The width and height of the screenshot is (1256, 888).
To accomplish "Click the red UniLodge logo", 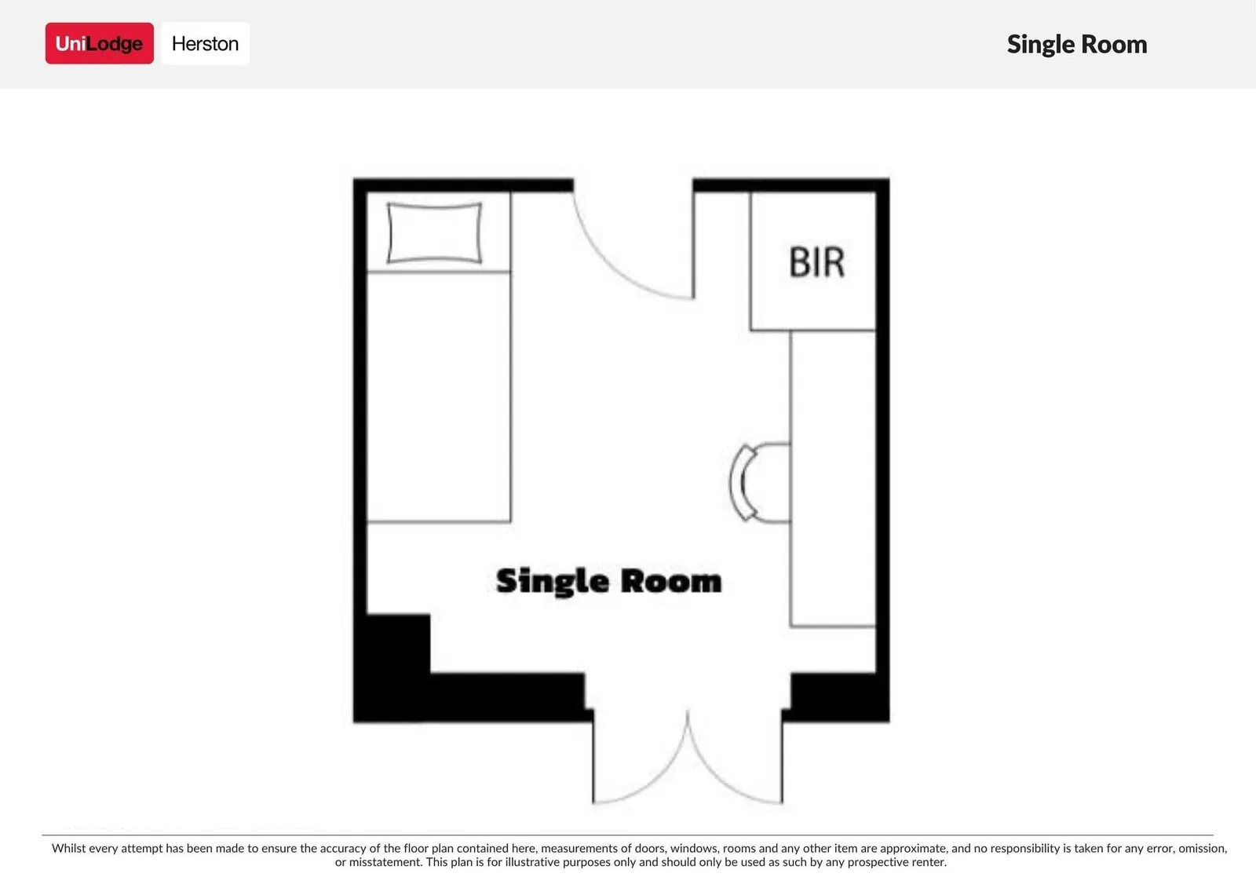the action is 99,43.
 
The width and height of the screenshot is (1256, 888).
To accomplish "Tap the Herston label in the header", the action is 205,43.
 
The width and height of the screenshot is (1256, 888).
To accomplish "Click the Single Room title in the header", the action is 1076,44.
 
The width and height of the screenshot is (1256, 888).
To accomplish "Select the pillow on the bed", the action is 435,233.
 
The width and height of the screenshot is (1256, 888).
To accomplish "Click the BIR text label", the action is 816,262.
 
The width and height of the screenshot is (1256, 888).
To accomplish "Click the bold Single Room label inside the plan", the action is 609,581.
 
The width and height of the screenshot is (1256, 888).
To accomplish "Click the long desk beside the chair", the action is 833,478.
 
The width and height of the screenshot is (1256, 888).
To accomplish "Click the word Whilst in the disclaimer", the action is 68,848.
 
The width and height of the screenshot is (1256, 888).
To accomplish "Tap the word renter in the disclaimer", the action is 927,862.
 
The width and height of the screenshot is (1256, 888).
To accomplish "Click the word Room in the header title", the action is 1114,44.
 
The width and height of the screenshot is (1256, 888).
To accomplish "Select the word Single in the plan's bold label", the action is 553,581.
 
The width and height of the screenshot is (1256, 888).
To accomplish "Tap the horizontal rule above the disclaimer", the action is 627,835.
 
